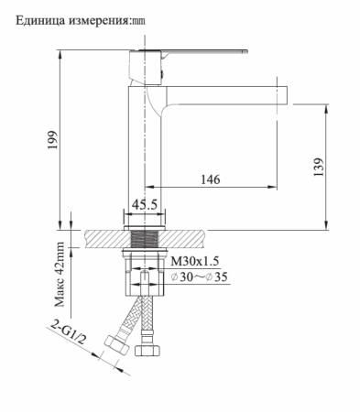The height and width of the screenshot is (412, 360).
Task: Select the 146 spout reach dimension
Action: pos(210,180)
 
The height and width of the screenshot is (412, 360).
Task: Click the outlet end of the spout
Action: pos(282,93)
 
